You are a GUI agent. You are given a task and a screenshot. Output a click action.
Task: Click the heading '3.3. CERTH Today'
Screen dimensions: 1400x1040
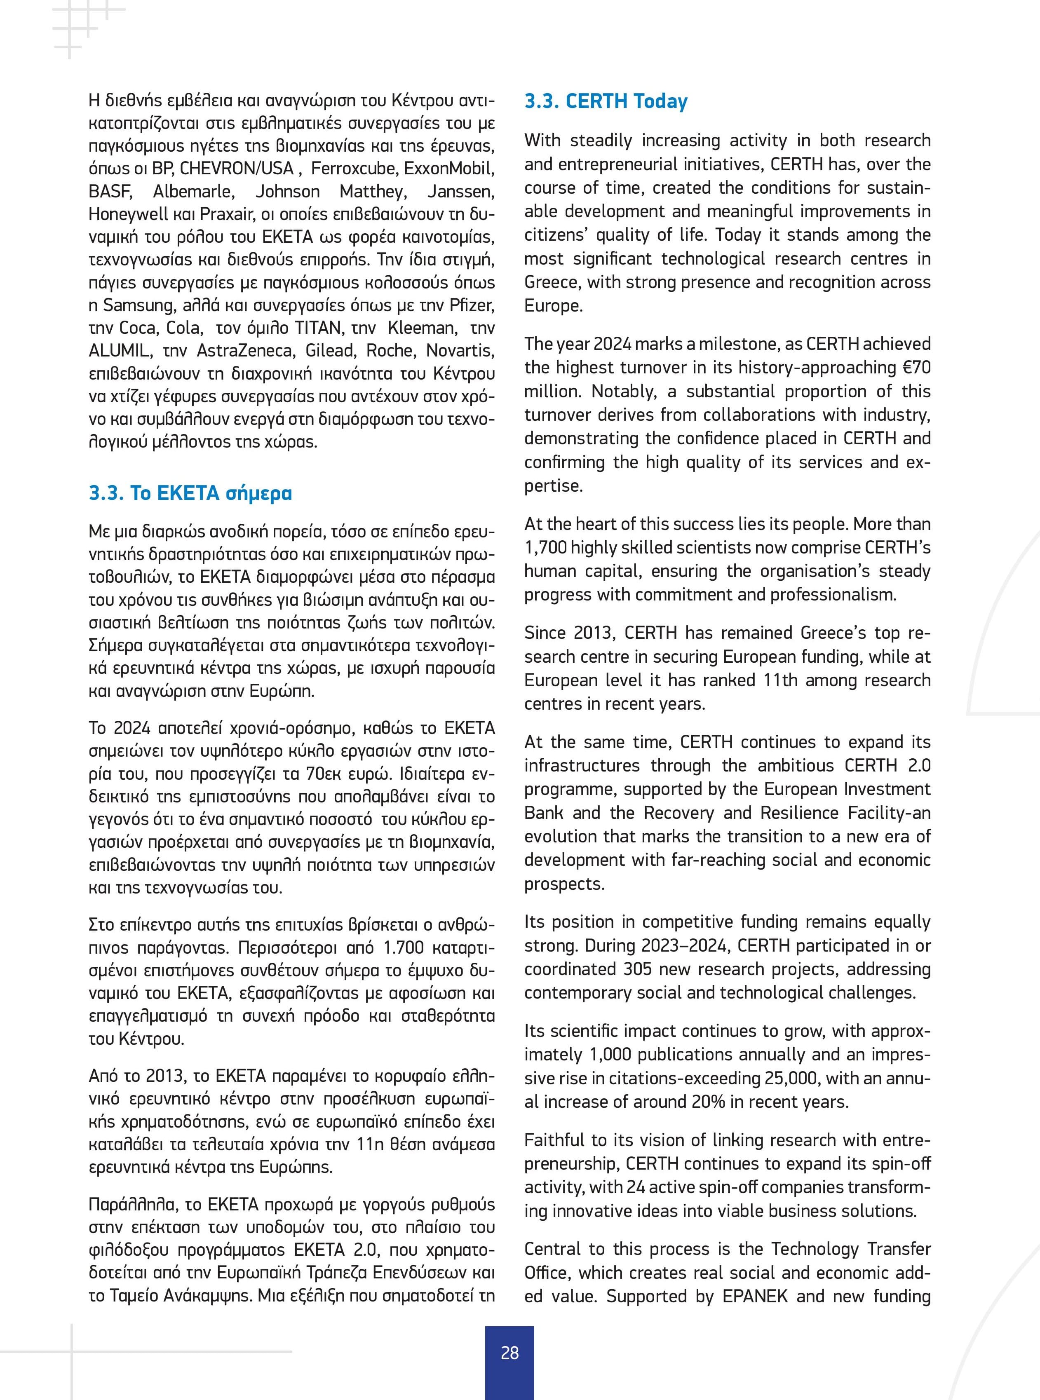pyautogui.click(x=606, y=101)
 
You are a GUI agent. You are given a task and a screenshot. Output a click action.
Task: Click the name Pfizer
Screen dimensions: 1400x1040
pyautogui.click(x=472, y=305)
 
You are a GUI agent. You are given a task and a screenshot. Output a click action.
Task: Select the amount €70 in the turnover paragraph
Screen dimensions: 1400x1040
pyautogui.click(x=914, y=368)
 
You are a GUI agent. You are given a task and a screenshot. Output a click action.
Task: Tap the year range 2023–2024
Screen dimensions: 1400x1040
pyautogui.click(x=687, y=945)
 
